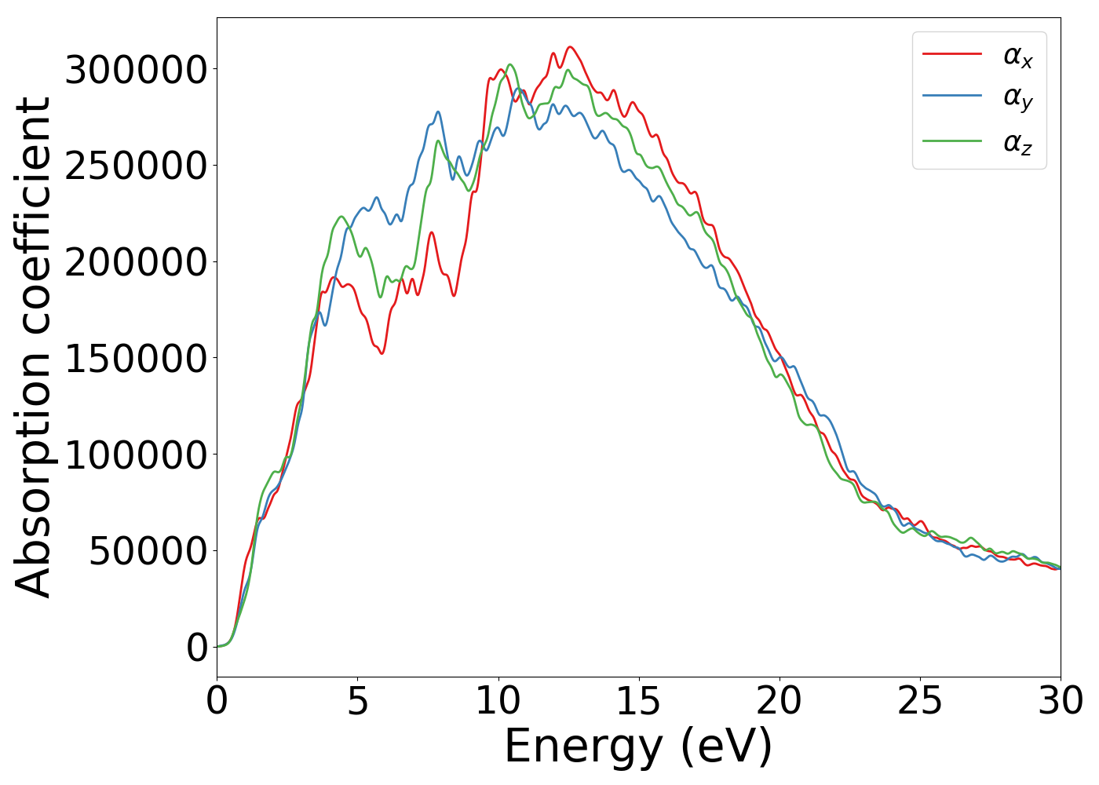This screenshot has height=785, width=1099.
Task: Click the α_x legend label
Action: click(1017, 56)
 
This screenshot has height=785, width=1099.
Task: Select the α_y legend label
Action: click(1017, 98)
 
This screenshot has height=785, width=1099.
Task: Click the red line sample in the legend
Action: click(951, 53)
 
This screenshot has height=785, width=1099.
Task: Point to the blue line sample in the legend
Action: click(951, 96)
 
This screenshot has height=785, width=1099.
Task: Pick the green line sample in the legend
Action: click(951, 141)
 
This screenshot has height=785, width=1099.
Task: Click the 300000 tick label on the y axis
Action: click(136, 70)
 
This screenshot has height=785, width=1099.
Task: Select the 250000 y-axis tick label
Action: click(136, 166)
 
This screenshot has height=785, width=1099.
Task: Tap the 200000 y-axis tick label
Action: click(136, 262)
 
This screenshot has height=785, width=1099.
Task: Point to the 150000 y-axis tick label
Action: click(136, 359)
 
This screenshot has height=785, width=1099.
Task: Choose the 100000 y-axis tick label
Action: click(136, 455)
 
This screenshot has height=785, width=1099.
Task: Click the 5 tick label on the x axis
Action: click(357, 701)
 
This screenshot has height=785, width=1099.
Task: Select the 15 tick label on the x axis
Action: click(638, 701)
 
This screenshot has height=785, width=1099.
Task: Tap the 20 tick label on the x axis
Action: click(779, 701)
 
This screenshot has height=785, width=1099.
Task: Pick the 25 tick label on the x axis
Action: click(919, 701)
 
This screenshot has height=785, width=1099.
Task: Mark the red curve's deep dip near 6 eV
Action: click(382, 352)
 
